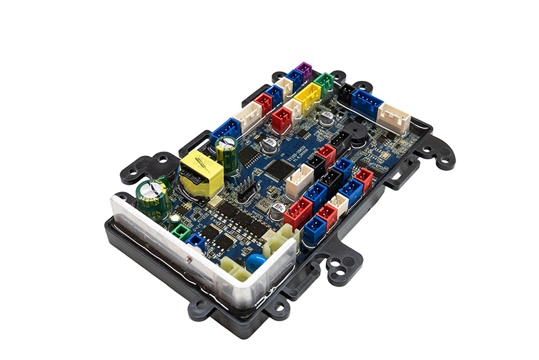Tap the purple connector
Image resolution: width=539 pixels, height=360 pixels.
click(305, 71)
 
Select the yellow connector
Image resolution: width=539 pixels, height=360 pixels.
click(308, 96)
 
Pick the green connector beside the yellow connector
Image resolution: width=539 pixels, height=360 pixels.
click(323, 84)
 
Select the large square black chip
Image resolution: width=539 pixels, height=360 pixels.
click(279, 169)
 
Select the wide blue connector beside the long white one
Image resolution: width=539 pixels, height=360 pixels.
click(367, 102)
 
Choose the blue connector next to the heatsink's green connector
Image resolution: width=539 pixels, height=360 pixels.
click(195, 240)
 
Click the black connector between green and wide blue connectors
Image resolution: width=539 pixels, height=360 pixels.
click(346, 92)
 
